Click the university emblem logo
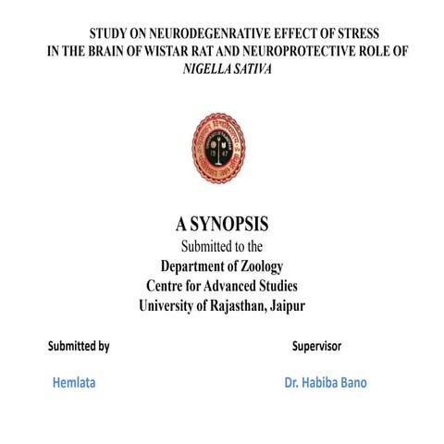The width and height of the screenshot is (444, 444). coord(219,147)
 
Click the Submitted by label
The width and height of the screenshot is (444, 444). coord(79,347)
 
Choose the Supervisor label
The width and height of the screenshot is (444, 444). coord(316,347)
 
